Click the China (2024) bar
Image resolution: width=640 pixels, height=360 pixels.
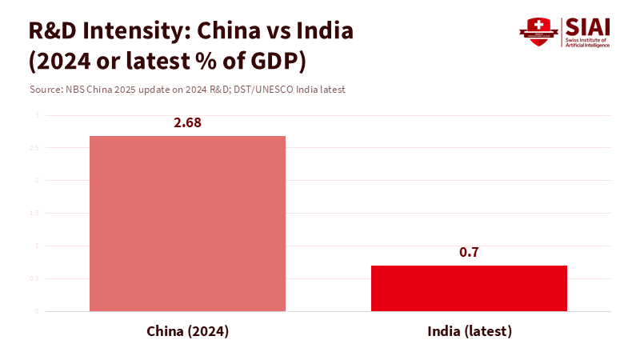(187, 223)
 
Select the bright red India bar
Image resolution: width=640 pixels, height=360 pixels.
(469, 288)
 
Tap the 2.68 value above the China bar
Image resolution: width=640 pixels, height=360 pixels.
(187, 123)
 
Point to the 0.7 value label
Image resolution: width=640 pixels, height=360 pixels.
(469, 253)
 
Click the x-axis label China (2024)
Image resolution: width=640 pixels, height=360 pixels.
(187, 331)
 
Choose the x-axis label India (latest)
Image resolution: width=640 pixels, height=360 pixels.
(469, 331)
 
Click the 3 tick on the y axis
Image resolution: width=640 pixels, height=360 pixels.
(36, 115)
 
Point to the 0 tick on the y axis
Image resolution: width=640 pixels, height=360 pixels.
(36, 311)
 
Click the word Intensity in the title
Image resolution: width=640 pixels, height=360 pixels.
(138, 32)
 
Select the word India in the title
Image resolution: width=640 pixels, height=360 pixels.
(320, 32)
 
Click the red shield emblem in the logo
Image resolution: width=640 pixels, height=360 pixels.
(538, 32)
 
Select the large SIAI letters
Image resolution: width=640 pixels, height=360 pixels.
(587, 26)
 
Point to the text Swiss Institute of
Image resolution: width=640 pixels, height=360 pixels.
(586, 40)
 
